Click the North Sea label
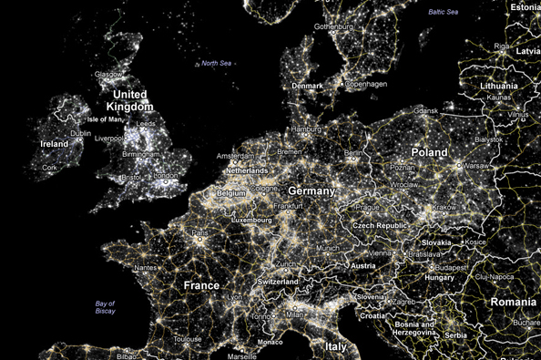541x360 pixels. pyautogui.click(x=217, y=63)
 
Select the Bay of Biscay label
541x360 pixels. pyautogui.click(x=107, y=306)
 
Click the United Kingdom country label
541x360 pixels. pyautogui.click(x=128, y=100)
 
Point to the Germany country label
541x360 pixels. pyautogui.click(x=311, y=191)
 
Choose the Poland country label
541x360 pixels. pyautogui.click(x=429, y=152)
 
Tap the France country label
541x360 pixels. pyautogui.click(x=201, y=285)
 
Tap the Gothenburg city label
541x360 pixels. pyautogui.click(x=332, y=27)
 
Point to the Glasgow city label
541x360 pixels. pyautogui.click(x=109, y=74)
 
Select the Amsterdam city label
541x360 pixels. pyautogui.click(x=235, y=158)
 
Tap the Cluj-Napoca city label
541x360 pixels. pyautogui.click(x=518, y=275)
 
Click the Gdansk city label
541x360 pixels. pyautogui.click(x=425, y=110)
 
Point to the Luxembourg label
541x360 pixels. pyautogui.click(x=253, y=221)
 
